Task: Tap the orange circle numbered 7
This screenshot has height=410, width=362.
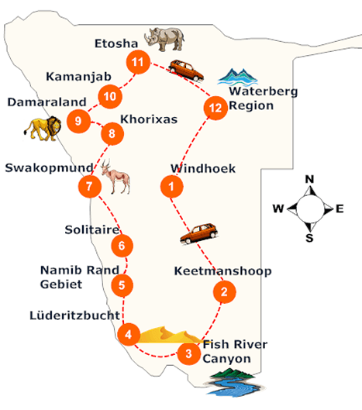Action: [90, 186]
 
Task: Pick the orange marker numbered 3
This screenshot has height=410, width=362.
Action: [186, 355]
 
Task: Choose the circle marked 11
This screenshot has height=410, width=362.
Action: [138, 61]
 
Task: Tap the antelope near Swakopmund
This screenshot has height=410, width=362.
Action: [116, 177]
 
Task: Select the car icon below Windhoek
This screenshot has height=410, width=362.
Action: [199, 233]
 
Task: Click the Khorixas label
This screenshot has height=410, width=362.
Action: [150, 120]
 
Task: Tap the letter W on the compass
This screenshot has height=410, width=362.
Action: [278, 208]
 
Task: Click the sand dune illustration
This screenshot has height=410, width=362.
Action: [166, 334]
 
